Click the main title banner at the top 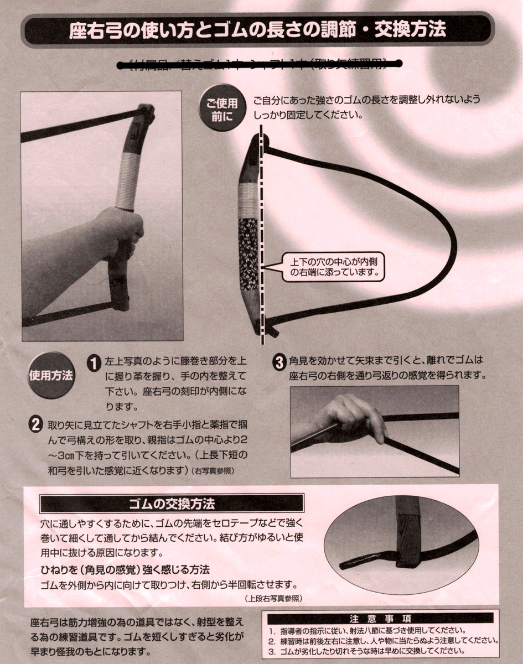coord(257,29)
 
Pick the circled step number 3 coord(279,362)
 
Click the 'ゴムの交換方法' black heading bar coord(172,504)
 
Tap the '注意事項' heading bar coord(380,618)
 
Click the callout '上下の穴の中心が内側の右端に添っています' coord(333,266)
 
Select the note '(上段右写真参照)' coord(273,599)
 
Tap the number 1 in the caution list coord(272,631)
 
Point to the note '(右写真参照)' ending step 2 coord(214,471)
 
